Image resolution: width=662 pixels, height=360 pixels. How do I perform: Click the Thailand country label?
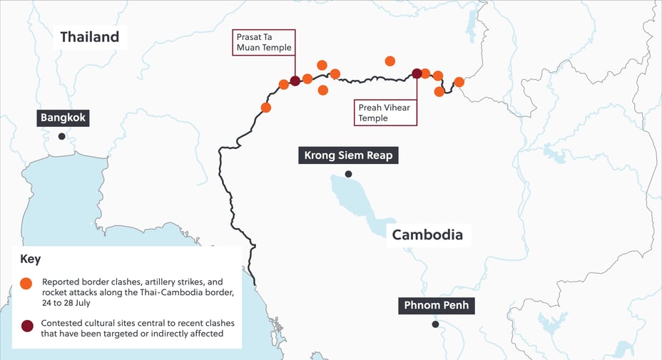click(89, 37)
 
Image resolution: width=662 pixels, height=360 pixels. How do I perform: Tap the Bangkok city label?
click(63, 118)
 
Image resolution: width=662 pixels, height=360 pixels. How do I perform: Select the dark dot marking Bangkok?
click(62, 136)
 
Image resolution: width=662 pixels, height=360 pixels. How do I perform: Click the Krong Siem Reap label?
click(348, 155)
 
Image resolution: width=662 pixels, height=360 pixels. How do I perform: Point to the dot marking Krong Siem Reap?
click(348, 174)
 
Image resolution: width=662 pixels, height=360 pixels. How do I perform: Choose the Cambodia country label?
click(427, 235)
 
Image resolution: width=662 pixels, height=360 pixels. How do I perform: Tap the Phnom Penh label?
click(435, 306)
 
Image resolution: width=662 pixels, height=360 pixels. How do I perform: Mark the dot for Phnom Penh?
click(435, 324)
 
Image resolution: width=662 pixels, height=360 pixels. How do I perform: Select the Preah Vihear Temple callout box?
click(385, 113)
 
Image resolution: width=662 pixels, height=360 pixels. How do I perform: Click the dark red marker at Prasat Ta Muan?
click(295, 81)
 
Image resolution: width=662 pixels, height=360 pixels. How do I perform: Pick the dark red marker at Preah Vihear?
click(417, 73)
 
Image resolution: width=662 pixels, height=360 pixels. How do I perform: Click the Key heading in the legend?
click(30, 259)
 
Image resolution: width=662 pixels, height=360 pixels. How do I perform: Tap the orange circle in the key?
click(26, 283)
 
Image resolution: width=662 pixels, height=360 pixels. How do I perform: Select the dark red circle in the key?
click(26, 325)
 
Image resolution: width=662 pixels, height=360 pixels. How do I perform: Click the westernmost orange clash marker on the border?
click(266, 108)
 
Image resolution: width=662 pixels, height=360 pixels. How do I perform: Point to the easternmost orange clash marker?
click(459, 82)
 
